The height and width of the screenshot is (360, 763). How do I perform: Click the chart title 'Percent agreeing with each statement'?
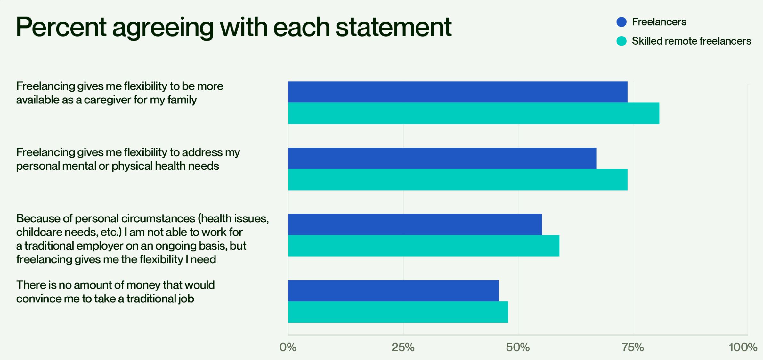pos(233,28)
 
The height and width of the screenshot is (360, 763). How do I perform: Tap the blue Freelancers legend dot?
pos(621,22)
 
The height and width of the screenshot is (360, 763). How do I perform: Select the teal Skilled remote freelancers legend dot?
pos(621,41)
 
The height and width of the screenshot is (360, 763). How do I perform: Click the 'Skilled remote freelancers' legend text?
pos(691,41)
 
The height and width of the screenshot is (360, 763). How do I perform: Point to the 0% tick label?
pos(288,348)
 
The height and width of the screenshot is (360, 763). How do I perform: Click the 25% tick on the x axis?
pos(403,348)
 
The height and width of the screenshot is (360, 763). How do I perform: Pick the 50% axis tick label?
pos(518,348)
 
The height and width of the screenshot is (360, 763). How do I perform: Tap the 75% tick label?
pos(633,348)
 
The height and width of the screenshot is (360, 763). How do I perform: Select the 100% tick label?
pos(743,348)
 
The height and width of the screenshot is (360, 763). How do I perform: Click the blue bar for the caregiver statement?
pos(458,92)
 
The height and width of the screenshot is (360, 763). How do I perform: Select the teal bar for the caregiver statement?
pos(474,113)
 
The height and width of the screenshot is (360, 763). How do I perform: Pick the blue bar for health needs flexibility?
pos(442,158)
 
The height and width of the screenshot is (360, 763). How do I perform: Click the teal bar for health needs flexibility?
pos(458,180)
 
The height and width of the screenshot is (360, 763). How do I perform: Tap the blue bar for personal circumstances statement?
pos(415,225)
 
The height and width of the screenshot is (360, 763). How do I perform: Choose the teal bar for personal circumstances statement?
pos(424,246)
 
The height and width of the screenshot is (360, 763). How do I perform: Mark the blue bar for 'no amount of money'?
pos(393,290)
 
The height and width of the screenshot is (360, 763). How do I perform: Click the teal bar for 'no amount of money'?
pos(398,312)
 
